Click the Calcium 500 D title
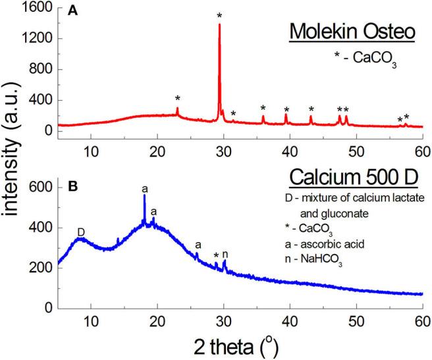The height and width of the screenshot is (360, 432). click(x=346, y=182)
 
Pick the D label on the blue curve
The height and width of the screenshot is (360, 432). click(x=81, y=232)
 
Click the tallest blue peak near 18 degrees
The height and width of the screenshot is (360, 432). click(x=144, y=196)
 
